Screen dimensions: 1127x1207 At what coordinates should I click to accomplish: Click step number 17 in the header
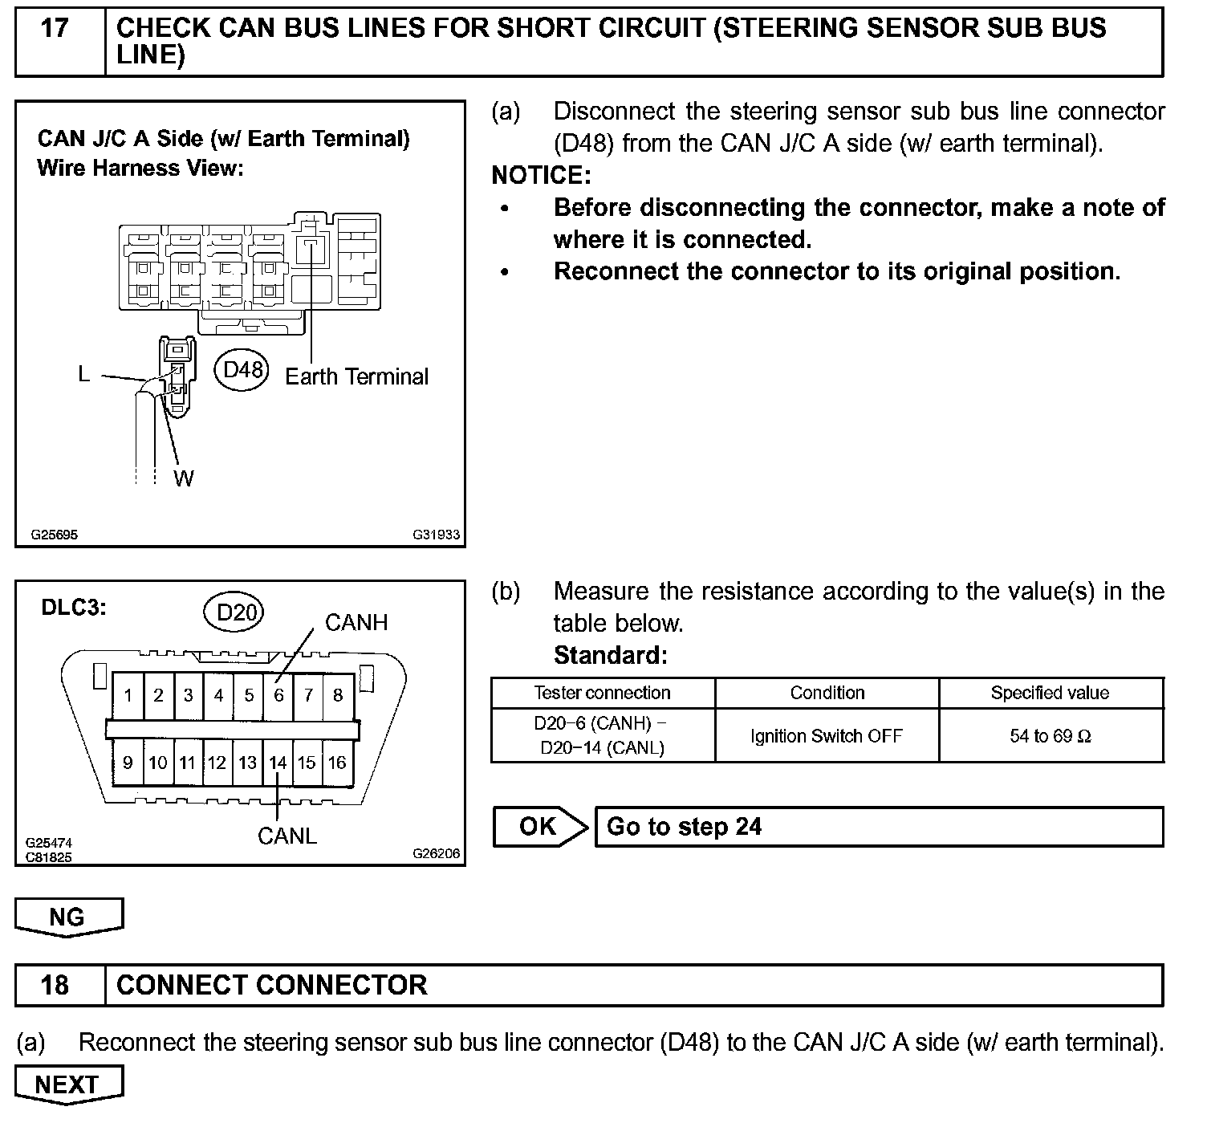point(55,29)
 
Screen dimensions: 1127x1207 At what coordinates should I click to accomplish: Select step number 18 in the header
point(55,985)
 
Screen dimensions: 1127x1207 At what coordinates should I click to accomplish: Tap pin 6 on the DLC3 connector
point(278,695)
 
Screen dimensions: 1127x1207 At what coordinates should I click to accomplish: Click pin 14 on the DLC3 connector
point(278,763)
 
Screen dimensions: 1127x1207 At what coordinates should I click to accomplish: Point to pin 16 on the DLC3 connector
point(337,763)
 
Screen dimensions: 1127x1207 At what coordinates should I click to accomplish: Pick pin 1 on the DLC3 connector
point(128,695)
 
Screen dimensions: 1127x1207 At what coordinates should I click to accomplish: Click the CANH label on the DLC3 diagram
point(356,622)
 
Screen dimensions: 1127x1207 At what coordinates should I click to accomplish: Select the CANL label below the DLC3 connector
point(287,836)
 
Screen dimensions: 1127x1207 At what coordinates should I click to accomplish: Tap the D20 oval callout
point(235,613)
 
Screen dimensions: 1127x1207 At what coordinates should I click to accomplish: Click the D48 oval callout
point(242,370)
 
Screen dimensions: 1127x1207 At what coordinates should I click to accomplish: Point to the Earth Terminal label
point(356,376)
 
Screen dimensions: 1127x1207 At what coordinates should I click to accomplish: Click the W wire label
point(184,479)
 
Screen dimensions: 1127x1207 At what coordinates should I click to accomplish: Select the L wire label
point(84,374)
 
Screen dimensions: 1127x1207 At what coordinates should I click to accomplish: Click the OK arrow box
point(539,827)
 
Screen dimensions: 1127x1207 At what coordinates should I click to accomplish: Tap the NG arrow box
point(68,917)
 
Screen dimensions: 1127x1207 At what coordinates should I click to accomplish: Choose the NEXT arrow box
point(68,1084)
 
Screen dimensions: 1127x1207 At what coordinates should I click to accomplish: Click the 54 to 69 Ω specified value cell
point(1051,736)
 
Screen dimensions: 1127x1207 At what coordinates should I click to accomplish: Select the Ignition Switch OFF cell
point(827,736)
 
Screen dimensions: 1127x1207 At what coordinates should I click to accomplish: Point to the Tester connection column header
point(602,693)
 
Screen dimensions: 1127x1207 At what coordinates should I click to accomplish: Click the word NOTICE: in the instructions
point(541,175)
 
